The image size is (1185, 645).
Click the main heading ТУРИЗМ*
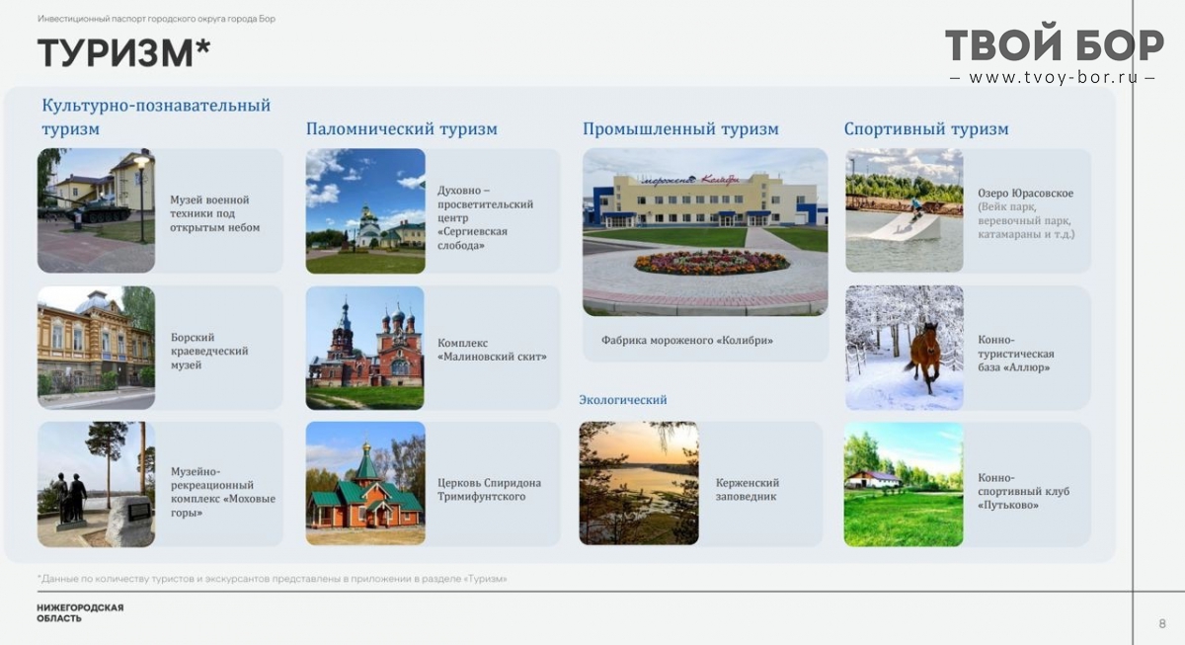click(123, 52)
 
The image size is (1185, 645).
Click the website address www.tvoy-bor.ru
click(1053, 78)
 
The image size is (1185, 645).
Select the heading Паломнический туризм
click(402, 128)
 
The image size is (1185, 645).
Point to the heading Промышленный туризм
click(680, 128)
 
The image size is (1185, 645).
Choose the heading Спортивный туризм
click(926, 128)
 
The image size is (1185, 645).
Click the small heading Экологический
click(623, 399)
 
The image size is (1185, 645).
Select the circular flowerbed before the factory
click(712, 263)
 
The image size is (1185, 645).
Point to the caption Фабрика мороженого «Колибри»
click(686, 340)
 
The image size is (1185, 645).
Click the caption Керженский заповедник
click(747, 490)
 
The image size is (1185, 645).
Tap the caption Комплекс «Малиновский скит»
click(492, 350)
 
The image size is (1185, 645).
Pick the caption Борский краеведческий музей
click(209, 351)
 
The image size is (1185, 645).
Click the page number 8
click(1162, 624)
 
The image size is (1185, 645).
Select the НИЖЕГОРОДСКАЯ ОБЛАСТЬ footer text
click(80, 612)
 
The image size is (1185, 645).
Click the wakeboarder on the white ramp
click(915, 209)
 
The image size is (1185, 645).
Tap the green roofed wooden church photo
click(365, 483)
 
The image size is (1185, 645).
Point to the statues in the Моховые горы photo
click(70, 498)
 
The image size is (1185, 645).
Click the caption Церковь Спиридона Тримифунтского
click(489, 490)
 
